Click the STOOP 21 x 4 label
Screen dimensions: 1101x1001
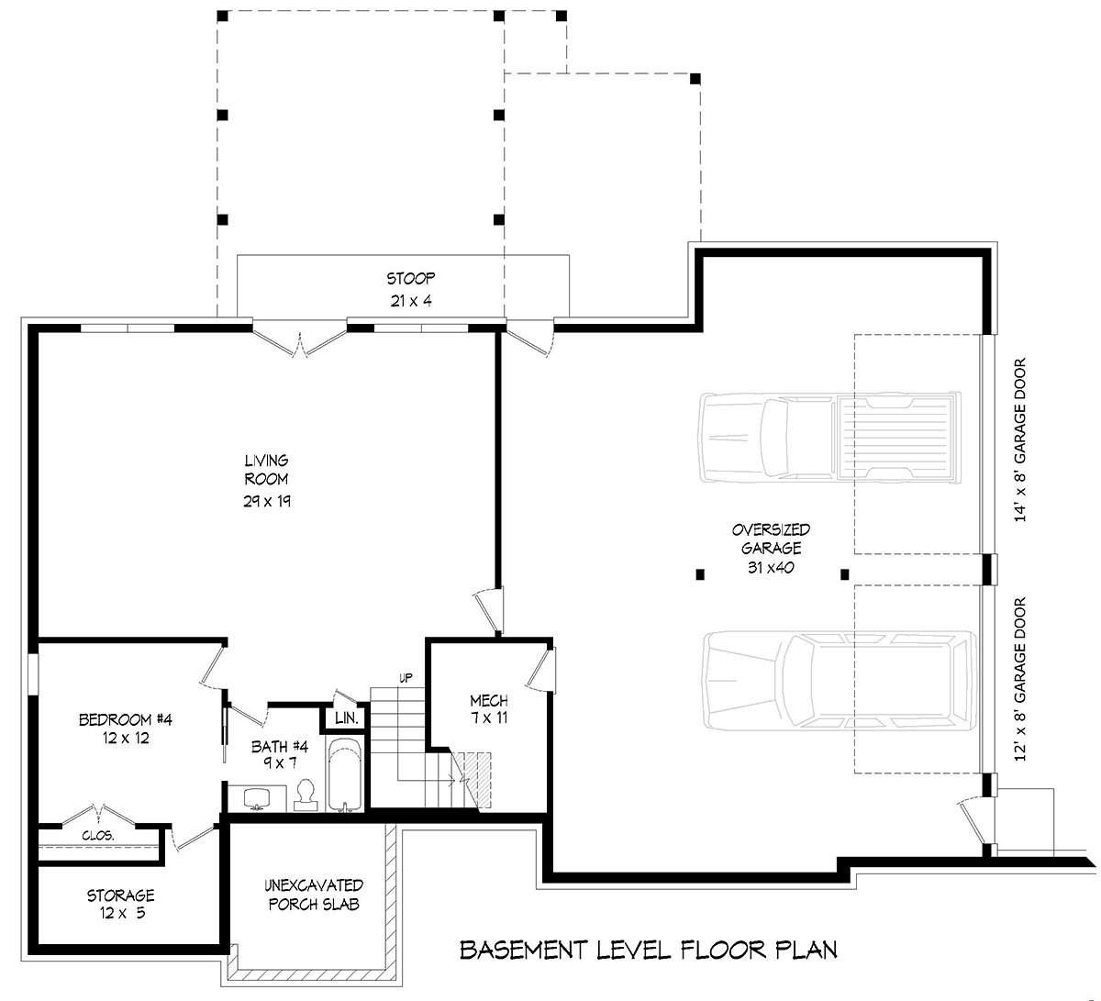coord(410,289)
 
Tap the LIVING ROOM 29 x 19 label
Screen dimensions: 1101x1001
coord(267,481)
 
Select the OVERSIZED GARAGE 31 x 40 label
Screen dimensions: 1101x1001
coord(771,549)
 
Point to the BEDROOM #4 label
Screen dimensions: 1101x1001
coord(126,719)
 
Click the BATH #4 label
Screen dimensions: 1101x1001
coord(280,746)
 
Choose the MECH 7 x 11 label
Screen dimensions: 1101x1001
coord(489,709)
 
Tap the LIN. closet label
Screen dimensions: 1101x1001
coord(347,717)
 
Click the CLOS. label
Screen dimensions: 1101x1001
coord(98,836)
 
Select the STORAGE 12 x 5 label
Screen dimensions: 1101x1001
coord(121,905)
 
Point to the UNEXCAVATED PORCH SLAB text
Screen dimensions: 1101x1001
coord(314,895)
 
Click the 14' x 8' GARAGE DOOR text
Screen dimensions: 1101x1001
coord(1019,439)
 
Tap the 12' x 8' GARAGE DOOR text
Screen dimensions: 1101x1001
coord(1019,679)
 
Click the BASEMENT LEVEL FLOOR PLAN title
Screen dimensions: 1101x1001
coord(649,950)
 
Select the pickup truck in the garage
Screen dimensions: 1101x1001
coord(829,438)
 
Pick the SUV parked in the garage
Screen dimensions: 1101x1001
coord(840,681)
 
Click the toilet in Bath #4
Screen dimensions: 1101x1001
coord(306,795)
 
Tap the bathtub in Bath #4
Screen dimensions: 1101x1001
coord(345,774)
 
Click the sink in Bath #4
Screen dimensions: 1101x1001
coord(257,798)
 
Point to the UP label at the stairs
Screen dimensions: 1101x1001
coord(406,678)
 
